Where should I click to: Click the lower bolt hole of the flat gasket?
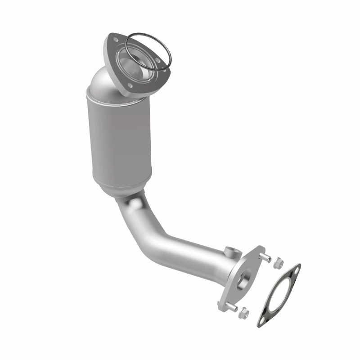tap(265, 319)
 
